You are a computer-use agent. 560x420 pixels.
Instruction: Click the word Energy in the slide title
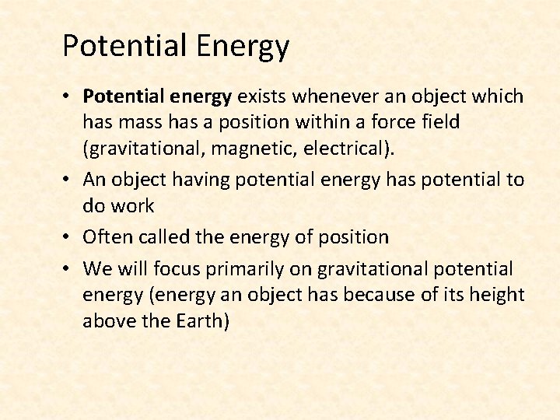point(243,47)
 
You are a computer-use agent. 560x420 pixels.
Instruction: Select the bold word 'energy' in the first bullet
point(203,97)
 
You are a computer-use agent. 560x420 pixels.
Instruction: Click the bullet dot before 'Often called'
point(68,237)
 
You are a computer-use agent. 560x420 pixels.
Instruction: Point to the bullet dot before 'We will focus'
point(68,270)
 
